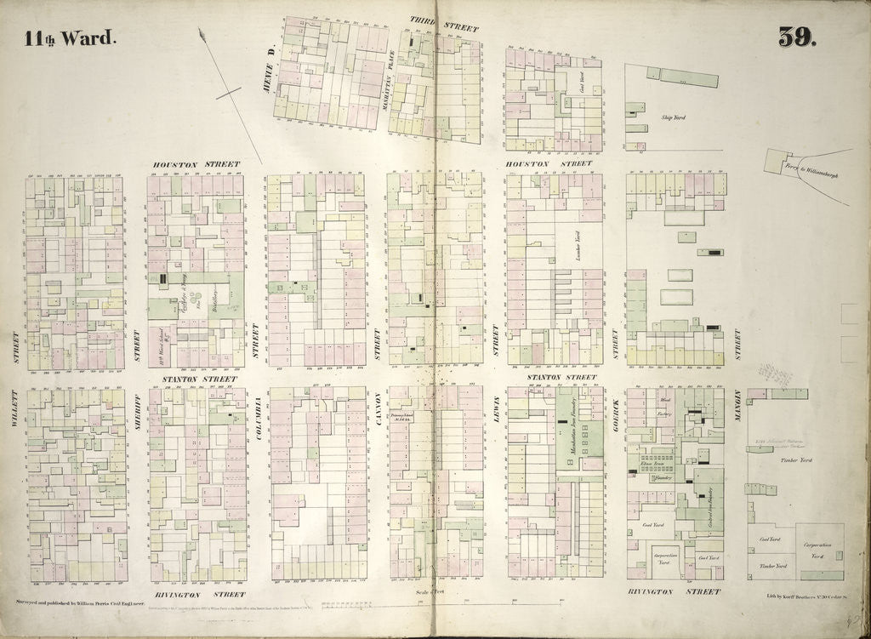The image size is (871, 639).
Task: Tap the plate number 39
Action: point(796,37)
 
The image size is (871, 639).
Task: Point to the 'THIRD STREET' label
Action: point(443,23)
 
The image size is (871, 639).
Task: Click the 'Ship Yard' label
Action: point(673,117)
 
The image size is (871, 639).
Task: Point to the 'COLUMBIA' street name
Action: point(256,418)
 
